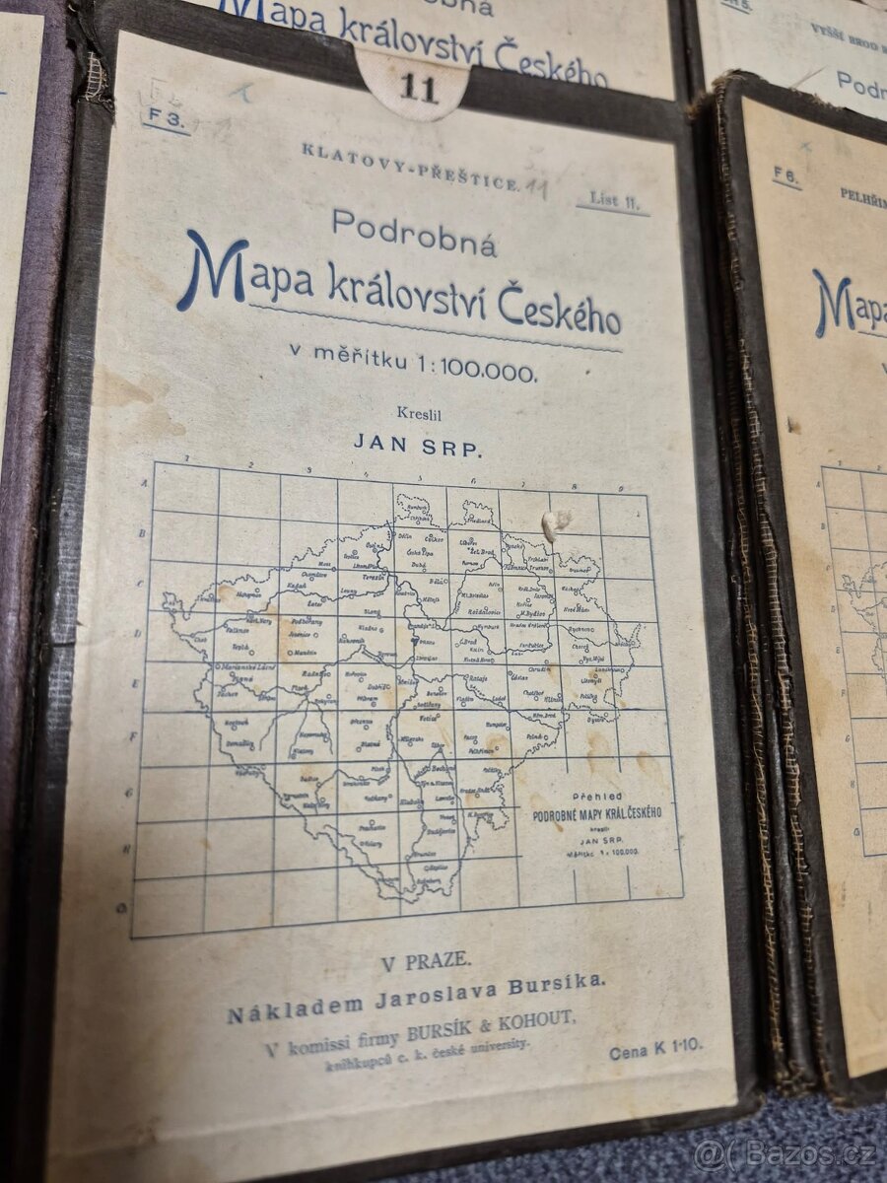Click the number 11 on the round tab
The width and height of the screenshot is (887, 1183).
[419, 89]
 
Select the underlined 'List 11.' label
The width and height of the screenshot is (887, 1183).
[612, 200]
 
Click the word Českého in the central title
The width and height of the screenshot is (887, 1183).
[558, 310]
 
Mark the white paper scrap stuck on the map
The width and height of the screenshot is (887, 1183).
[556, 523]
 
